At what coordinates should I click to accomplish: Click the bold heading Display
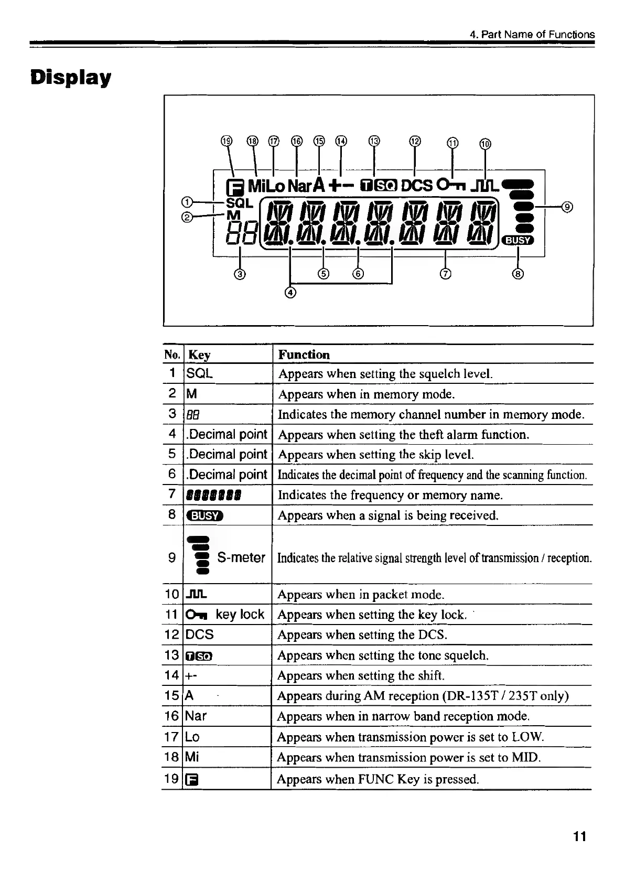coord(70,78)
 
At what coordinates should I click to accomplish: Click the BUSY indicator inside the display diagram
coord(517,240)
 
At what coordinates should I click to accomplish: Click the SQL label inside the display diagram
coord(239,202)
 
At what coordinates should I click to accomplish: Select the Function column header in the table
coord(304,354)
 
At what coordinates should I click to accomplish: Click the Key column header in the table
coord(199,355)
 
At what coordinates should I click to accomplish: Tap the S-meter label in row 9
coord(241,557)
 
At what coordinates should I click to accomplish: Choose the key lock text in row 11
coord(240,614)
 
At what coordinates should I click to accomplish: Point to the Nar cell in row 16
coord(197,716)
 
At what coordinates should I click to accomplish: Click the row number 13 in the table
coord(172,655)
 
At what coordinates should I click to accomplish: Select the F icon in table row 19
coord(193,780)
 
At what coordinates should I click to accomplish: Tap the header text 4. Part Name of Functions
coord(532,35)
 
